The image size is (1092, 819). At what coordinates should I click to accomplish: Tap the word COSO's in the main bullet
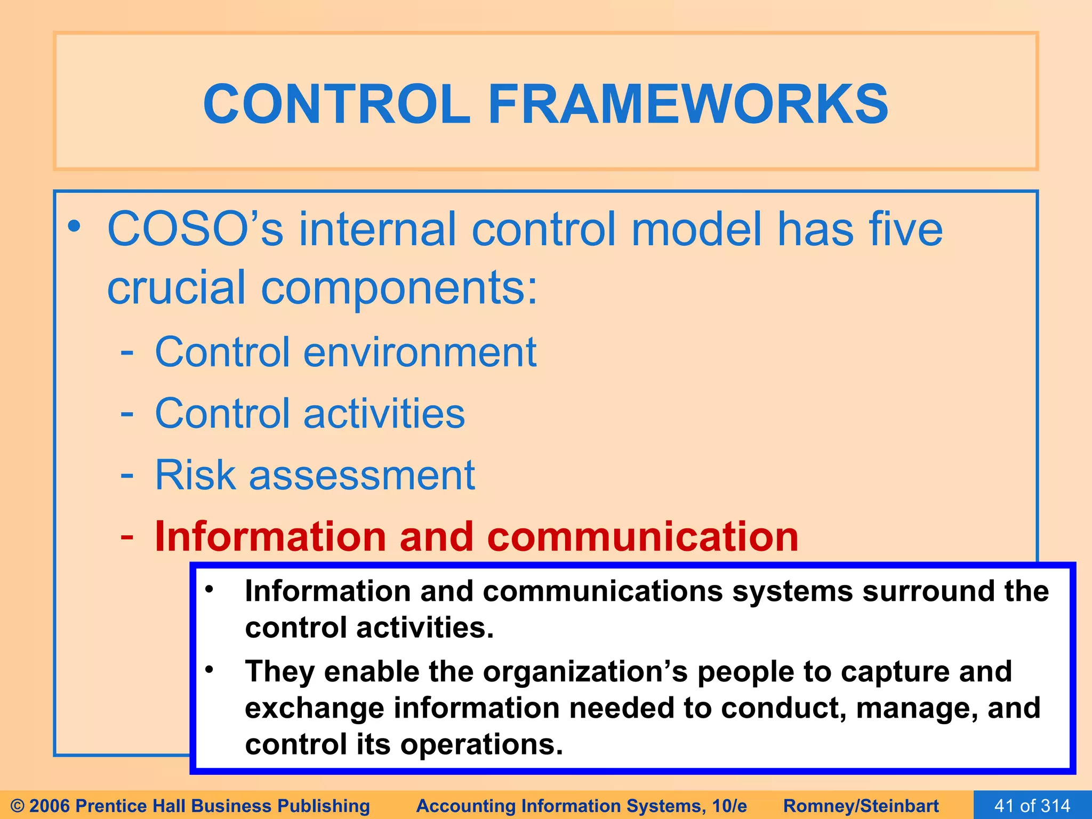195,229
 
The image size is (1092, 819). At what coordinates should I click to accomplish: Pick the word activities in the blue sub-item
384,414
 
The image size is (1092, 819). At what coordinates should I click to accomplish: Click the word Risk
195,475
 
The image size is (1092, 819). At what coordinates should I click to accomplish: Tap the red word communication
643,536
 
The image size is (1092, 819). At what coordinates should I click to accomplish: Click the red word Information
270,536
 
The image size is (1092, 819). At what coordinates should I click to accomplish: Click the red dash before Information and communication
127,536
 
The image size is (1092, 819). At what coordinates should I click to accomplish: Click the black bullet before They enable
210,669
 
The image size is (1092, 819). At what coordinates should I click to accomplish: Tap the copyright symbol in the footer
17,806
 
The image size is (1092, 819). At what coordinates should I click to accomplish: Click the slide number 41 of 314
1032,806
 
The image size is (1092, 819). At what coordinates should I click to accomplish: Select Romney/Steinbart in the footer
861,806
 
